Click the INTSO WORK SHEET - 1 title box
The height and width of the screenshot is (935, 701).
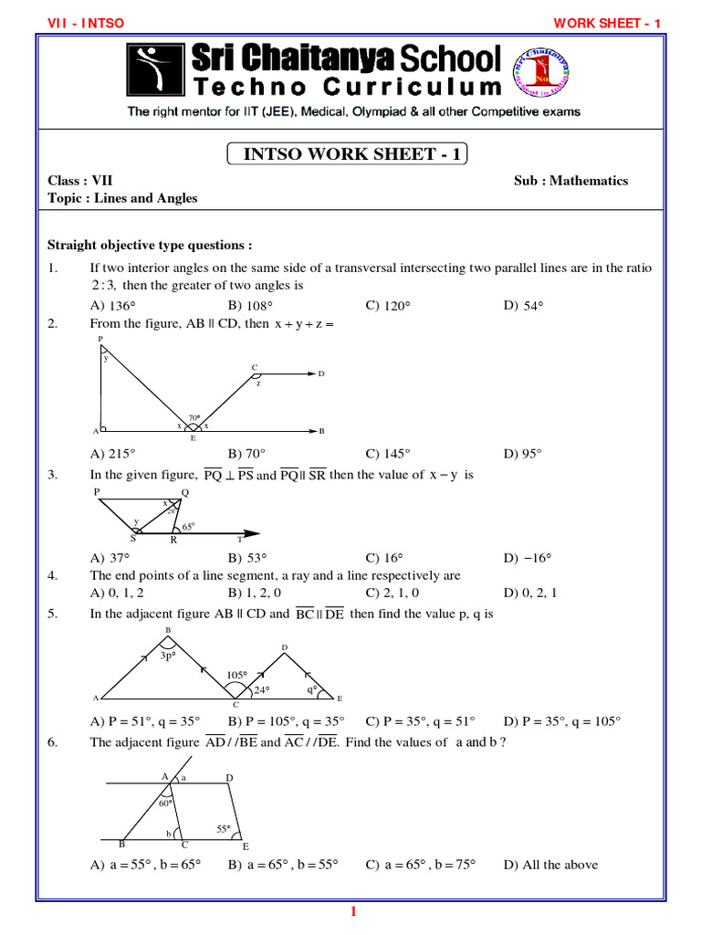tap(347, 153)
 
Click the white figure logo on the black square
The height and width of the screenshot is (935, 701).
tap(153, 70)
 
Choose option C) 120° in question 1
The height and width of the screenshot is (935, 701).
tap(386, 305)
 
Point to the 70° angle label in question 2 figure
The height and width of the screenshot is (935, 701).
tap(194, 418)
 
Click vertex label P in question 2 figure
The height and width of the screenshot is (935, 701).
tap(100, 339)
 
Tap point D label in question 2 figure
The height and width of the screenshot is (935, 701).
tap(321, 373)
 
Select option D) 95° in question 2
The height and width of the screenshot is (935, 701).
tap(523, 453)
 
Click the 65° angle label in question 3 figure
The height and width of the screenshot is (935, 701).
tap(188, 527)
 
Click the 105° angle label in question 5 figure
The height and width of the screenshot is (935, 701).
tap(237, 676)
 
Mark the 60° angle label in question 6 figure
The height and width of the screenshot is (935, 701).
tap(165, 804)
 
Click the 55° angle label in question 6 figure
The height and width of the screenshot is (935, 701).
tap(223, 829)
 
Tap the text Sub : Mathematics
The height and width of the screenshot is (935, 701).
tap(570, 181)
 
